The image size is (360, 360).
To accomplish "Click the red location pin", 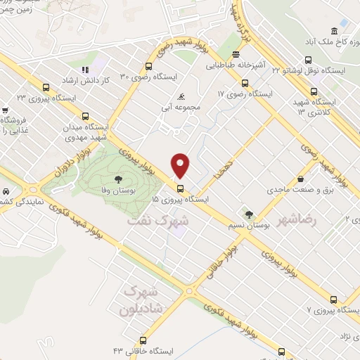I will coord(181,165).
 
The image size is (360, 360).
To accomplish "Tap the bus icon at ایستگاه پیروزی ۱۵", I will coord(181,188).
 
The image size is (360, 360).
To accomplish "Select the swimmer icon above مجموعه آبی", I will coord(182,96).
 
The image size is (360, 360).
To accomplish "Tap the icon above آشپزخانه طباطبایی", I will coord(236,55).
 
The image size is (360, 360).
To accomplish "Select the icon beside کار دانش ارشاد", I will coord(85,70).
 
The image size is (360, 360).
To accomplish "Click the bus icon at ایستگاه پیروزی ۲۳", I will coord(46,88).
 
